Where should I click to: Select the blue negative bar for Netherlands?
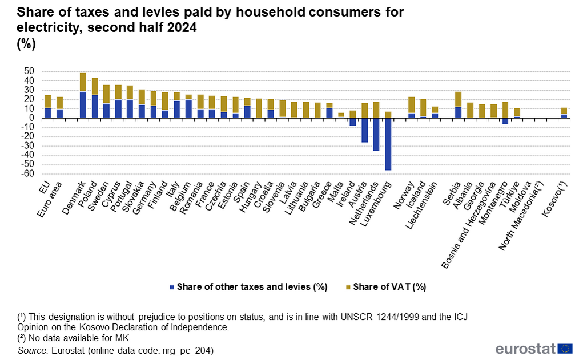376,134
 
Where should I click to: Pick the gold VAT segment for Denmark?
83,82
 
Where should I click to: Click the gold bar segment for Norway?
411,105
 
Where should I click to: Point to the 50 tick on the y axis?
29,71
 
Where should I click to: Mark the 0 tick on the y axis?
31,118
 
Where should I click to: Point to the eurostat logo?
534,349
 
